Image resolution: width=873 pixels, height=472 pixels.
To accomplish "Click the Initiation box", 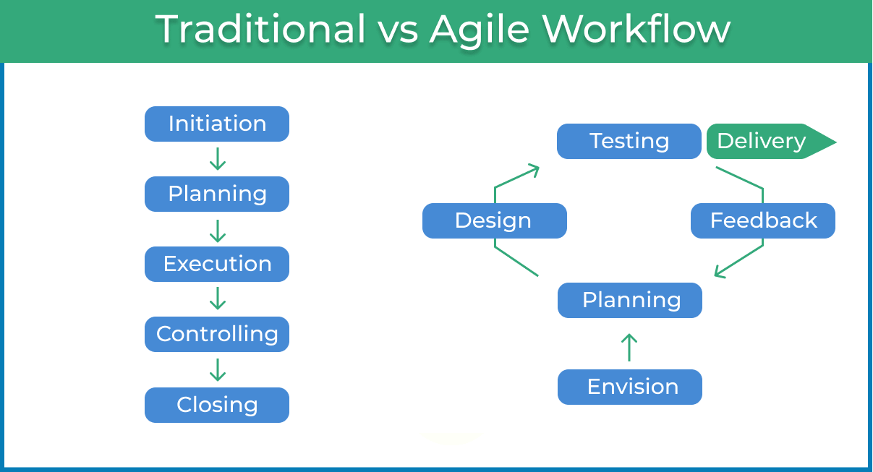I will pos(217,124).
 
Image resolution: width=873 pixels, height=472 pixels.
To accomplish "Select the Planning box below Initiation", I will pos(217,194).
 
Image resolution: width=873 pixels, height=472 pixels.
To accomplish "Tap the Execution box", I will pos(217,264).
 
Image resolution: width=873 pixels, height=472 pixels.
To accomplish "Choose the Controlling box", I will pos(217,334).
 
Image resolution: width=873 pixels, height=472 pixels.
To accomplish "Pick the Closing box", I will pos(217,405).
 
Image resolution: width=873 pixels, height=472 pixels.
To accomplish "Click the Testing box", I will pos(629,141).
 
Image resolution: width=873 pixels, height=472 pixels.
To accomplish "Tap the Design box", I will pos(494,220).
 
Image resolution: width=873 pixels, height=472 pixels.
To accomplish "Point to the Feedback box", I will pos(762,220).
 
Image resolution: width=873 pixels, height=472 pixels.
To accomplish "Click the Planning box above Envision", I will pos(629,300).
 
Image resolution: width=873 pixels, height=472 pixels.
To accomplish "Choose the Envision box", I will pos(629,387).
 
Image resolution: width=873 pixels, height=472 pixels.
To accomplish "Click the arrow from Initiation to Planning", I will pos(217,159).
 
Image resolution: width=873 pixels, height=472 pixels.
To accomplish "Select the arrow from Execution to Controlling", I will pos(217,299).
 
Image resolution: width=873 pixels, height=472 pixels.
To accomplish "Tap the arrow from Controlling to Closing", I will pos(217,369).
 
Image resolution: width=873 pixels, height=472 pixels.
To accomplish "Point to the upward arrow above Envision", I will pos(629,347).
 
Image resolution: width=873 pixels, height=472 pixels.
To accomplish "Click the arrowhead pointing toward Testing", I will pos(533,171).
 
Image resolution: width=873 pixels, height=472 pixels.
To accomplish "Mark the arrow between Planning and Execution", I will pos(217,229).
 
